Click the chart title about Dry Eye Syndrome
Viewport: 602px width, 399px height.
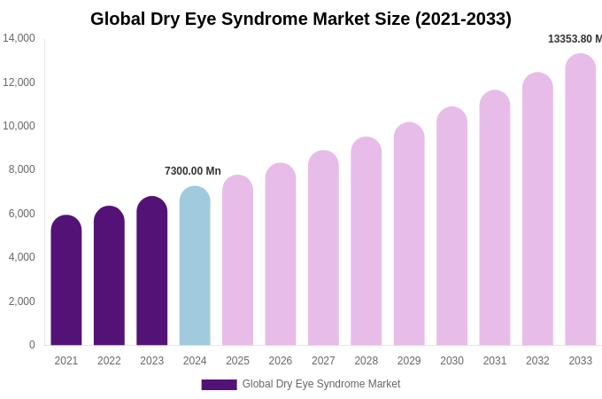pos(301,19)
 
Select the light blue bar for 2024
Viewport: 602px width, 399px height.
pos(195,266)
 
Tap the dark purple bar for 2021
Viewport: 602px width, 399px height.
pos(66,280)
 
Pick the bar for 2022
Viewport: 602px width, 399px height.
pos(109,276)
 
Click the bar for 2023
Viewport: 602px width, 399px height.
pos(151,271)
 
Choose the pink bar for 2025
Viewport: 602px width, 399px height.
pos(237,261)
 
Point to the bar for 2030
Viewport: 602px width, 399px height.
pos(451,226)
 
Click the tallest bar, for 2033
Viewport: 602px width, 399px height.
pos(581,199)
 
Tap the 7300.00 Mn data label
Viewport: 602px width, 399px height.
pos(193,171)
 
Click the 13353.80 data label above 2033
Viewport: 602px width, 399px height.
pos(575,39)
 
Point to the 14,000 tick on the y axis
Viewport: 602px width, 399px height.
pos(19,38)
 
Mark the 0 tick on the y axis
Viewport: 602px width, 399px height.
pos(32,345)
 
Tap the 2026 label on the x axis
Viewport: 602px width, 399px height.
pos(281,361)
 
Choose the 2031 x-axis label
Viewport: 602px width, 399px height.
pos(495,361)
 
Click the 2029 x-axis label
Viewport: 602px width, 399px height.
pos(409,361)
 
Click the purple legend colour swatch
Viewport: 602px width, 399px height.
pos(219,385)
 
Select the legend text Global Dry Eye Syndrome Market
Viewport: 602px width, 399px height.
pos(321,384)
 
